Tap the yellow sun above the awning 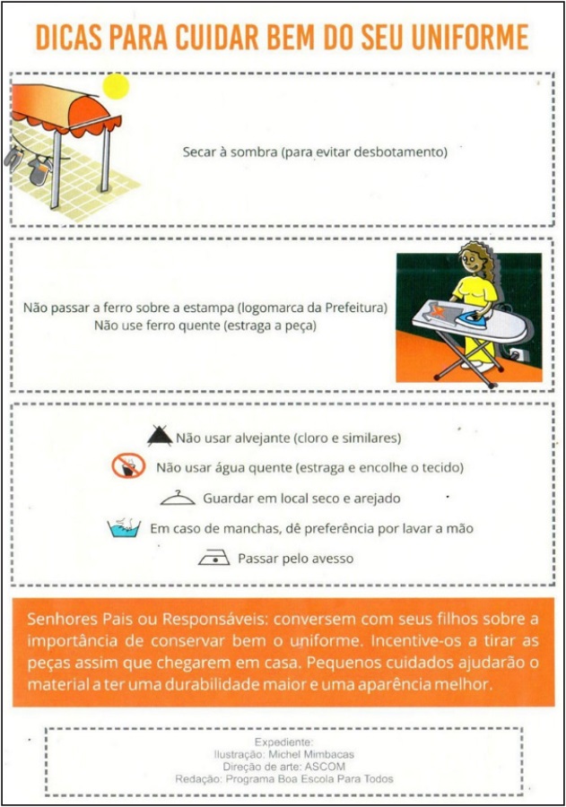[116, 85]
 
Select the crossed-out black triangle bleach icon [160, 437]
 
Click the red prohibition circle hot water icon [128, 466]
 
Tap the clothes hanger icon [178, 498]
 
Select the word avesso [331, 559]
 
